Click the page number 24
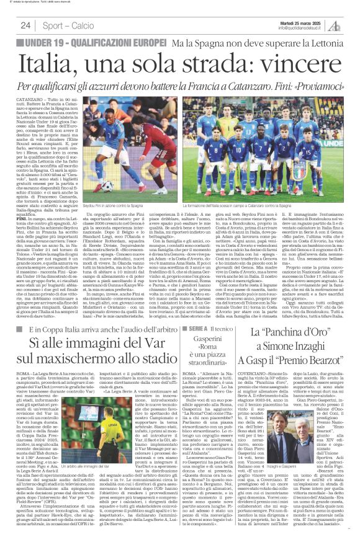coord(25,25)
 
